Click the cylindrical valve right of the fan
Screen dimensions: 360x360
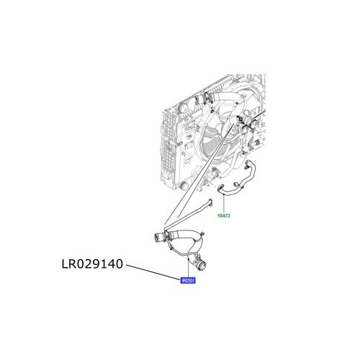tap(250, 132)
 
